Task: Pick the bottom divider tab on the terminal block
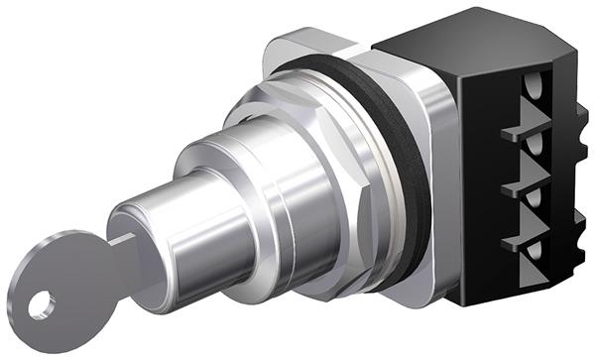pos(520,240)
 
